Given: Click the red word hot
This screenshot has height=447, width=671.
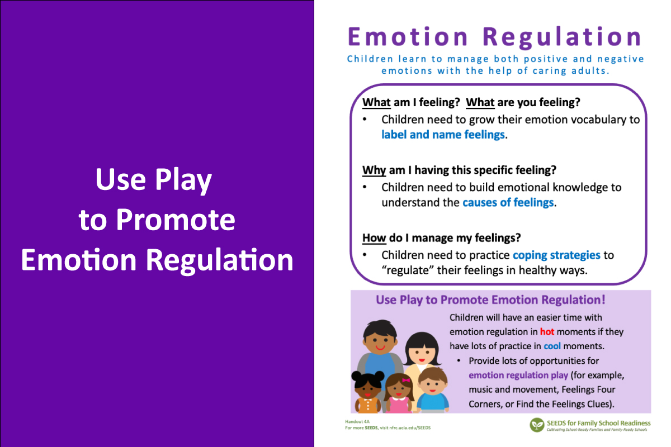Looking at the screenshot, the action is (x=547, y=332).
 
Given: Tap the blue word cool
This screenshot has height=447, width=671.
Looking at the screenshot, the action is (x=552, y=346).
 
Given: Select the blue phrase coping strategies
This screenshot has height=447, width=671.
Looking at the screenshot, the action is (x=556, y=255).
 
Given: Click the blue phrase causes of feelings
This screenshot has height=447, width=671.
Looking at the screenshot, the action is (x=508, y=202).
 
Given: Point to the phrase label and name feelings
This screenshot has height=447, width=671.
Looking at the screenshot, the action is (x=443, y=135).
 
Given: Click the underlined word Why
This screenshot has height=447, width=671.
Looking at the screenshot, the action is (x=374, y=170).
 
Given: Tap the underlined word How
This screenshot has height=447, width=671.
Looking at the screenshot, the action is (x=374, y=237).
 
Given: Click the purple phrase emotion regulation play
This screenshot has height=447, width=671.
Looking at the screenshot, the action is (x=518, y=375).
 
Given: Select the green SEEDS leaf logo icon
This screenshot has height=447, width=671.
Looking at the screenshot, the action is (x=537, y=425).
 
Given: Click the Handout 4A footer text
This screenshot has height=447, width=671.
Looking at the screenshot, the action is (x=357, y=421).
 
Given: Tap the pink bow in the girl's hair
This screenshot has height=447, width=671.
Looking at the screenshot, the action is (x=406, y=381).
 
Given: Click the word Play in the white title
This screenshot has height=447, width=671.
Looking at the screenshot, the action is (x=183, y=180).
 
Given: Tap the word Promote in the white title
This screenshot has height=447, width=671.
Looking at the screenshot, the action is (x=176, y=220).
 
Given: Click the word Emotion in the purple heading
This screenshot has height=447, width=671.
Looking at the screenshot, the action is (x=408, y=37).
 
